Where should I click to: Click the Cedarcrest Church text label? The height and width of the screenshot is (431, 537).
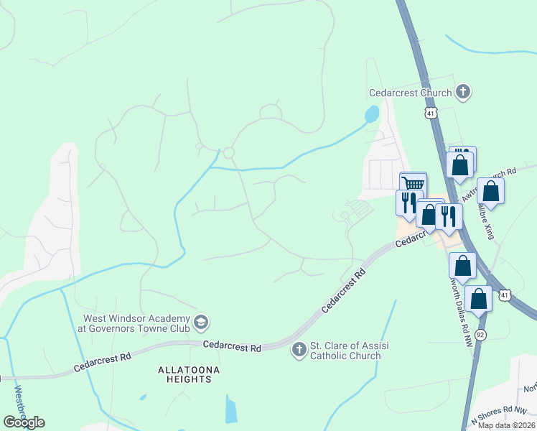[410, 93]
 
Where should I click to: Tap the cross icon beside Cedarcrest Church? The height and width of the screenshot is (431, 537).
[463, 92]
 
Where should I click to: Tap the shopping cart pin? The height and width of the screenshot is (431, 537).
[413, 185]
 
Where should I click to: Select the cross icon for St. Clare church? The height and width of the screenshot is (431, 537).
[299, 350]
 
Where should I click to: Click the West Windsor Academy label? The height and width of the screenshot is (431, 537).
[136, 324]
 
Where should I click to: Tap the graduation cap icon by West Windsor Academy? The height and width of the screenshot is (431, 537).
[202, 323]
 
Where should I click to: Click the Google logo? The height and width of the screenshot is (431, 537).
[24, 422]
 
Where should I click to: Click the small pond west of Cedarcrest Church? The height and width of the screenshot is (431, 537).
[371, 113]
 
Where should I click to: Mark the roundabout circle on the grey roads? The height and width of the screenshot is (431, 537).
[229, 152]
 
